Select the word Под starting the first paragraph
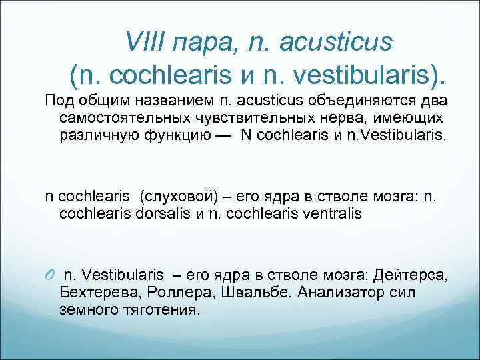click(x=59, y=101)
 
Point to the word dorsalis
click(x=165, y=214)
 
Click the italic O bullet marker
click(x=50, y=275)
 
